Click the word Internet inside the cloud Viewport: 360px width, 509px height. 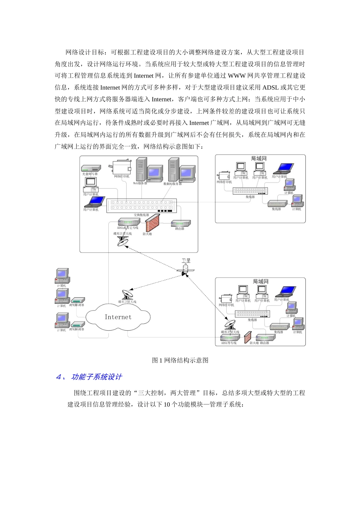point(118,317)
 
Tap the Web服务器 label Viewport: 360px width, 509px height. point(140,183)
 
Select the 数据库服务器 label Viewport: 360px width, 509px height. point(172,184)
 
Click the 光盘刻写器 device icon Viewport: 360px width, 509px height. point(91,169)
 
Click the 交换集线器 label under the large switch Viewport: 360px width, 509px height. point(141,215)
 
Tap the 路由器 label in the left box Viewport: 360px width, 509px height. point(180,229)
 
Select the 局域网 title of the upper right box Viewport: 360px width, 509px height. point(259,159)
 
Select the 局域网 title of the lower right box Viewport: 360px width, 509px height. point(261,281)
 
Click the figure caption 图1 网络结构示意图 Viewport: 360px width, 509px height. point(180,360)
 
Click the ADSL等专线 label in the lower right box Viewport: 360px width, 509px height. point(229,343)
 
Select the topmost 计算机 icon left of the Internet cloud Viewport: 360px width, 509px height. point(62,276)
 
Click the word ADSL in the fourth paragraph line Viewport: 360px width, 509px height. point(271,87)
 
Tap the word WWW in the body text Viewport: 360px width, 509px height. point(237,76)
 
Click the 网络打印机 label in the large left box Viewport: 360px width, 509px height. point(122,176)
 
